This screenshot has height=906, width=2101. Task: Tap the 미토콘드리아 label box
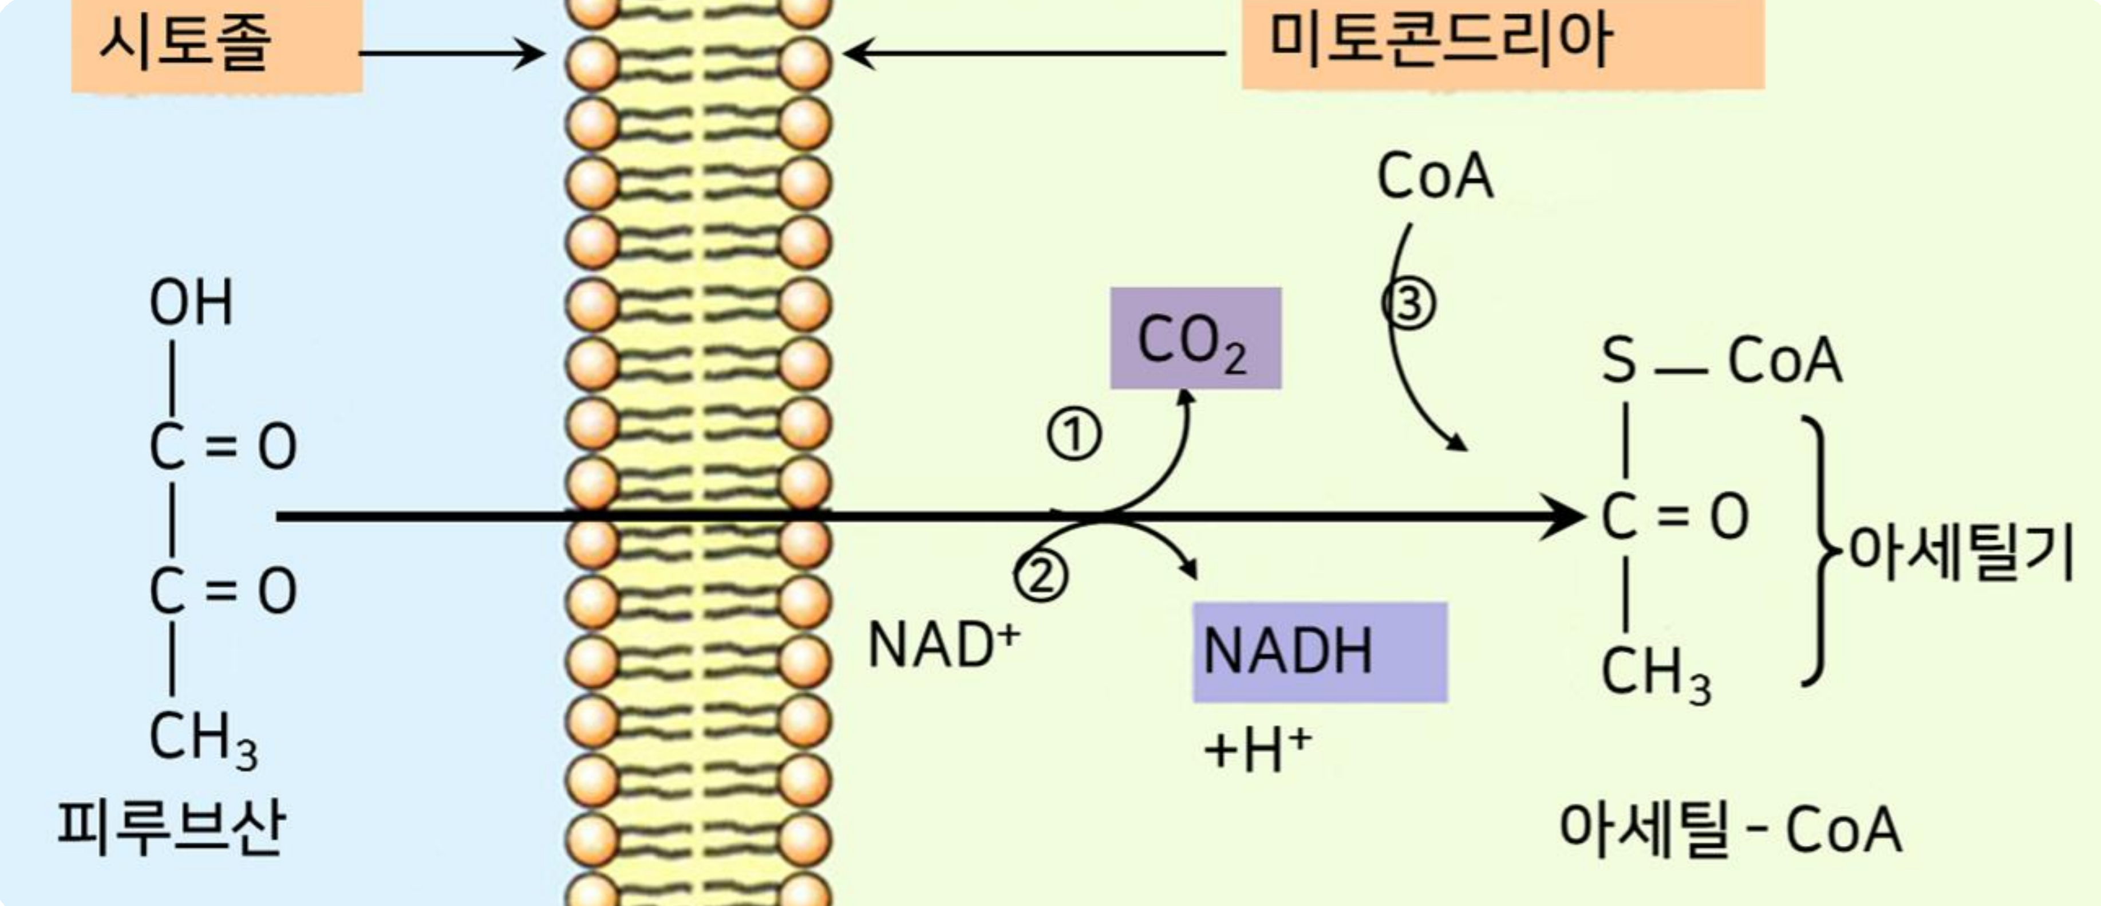point(1502,42)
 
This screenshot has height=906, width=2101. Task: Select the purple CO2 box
point(1195,339)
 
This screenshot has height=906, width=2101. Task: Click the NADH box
point(1319,652)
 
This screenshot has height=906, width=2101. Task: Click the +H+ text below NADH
point(1257,750)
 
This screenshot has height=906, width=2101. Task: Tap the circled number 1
point(1073,435)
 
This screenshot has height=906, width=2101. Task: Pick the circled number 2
point(1041,577)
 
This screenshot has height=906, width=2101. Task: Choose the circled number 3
point(1408,304)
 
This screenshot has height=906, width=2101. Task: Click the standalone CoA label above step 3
point(1435,177)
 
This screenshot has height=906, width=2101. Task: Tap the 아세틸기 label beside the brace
point(1961,552)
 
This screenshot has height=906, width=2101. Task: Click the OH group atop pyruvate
point(191,303)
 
